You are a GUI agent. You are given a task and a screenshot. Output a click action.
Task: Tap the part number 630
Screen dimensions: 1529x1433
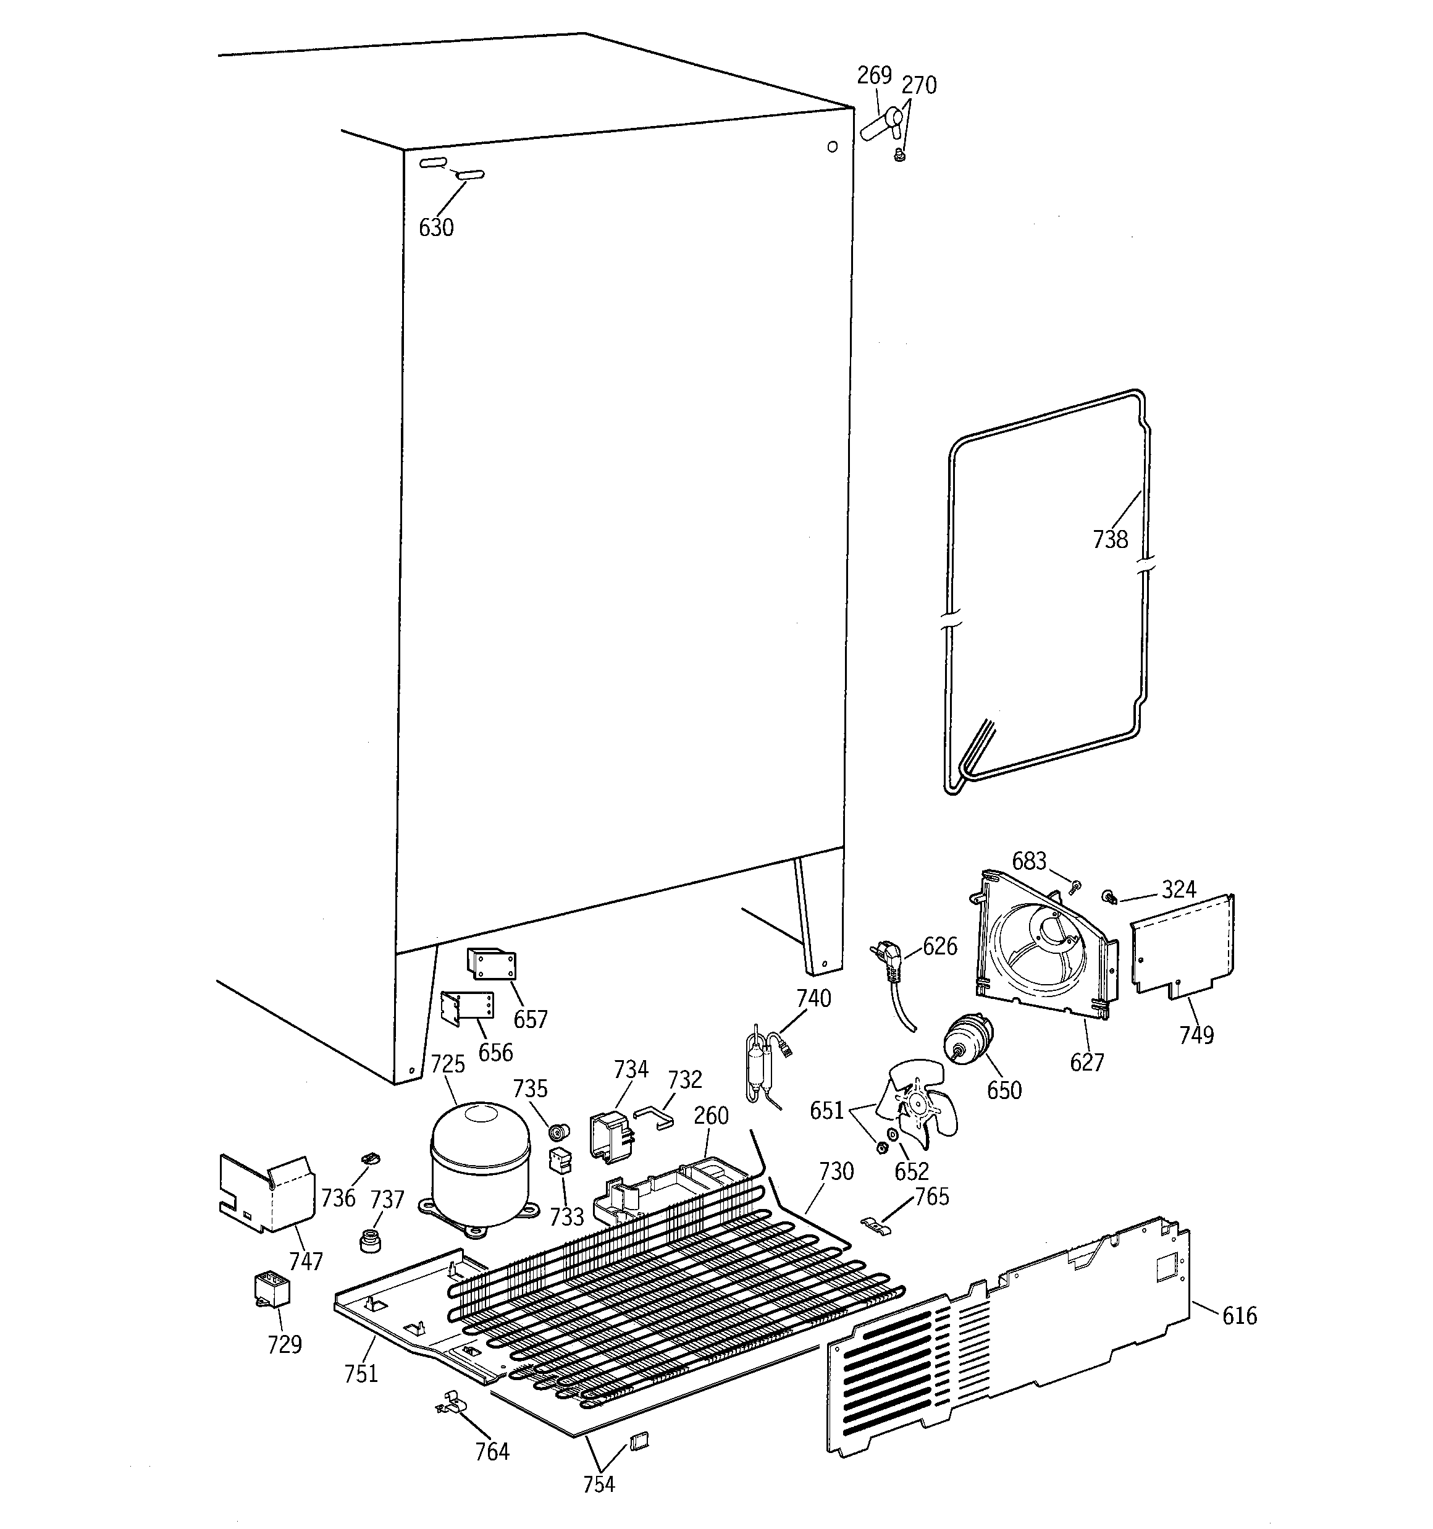436,228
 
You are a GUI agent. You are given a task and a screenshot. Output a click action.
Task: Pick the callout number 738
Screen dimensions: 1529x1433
1110,540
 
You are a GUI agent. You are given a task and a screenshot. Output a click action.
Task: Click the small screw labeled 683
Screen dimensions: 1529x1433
1075,888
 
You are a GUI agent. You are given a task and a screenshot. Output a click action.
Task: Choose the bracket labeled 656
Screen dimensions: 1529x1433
467,1008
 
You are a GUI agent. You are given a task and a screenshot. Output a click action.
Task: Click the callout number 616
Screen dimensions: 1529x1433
1239,1316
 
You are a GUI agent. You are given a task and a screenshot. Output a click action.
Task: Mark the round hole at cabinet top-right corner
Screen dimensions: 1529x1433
831,147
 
